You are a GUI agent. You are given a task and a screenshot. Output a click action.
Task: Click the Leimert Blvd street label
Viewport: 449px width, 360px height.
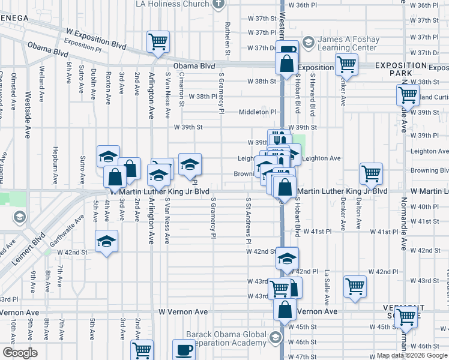24,248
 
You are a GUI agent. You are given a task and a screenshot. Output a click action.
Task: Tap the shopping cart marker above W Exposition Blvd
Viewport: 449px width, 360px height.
158,41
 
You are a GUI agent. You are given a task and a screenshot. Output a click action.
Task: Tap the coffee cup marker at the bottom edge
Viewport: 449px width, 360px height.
184,349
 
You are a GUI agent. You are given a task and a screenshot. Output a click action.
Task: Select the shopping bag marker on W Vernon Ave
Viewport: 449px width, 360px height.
285,310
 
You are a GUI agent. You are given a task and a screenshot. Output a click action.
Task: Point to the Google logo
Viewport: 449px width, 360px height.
20,353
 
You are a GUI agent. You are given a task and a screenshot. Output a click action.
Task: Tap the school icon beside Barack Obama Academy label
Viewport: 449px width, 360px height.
276,337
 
